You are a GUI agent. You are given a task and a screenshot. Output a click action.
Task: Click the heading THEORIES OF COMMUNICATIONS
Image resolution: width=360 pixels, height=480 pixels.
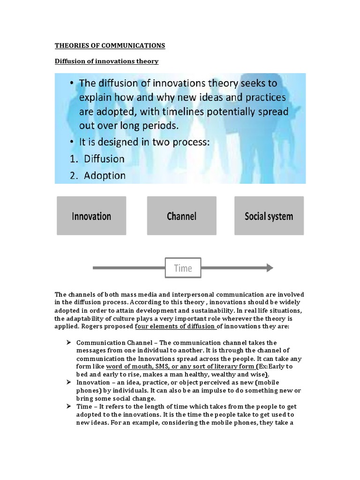tap(110, 45)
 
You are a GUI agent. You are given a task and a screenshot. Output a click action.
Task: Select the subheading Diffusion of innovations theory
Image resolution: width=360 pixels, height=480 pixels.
tap(106, 61)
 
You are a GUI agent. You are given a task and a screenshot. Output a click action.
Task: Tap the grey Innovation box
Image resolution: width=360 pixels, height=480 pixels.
tap(91, 216)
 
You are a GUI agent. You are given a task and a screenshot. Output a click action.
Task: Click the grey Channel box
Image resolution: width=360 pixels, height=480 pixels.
tap(181, 216)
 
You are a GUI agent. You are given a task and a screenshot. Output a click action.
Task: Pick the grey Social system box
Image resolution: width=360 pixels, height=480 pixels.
tap(269, 216)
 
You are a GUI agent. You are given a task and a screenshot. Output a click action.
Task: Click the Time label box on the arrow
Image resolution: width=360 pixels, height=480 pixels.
tap(183, 268)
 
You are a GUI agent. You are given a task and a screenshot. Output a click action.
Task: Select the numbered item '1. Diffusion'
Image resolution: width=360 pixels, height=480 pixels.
tap(97, 158)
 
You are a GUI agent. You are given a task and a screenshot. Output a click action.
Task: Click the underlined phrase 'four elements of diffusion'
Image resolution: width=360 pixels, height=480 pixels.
tap(175, 327)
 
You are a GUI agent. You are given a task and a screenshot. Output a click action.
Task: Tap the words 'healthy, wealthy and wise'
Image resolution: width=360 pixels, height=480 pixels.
tap(232, 375)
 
